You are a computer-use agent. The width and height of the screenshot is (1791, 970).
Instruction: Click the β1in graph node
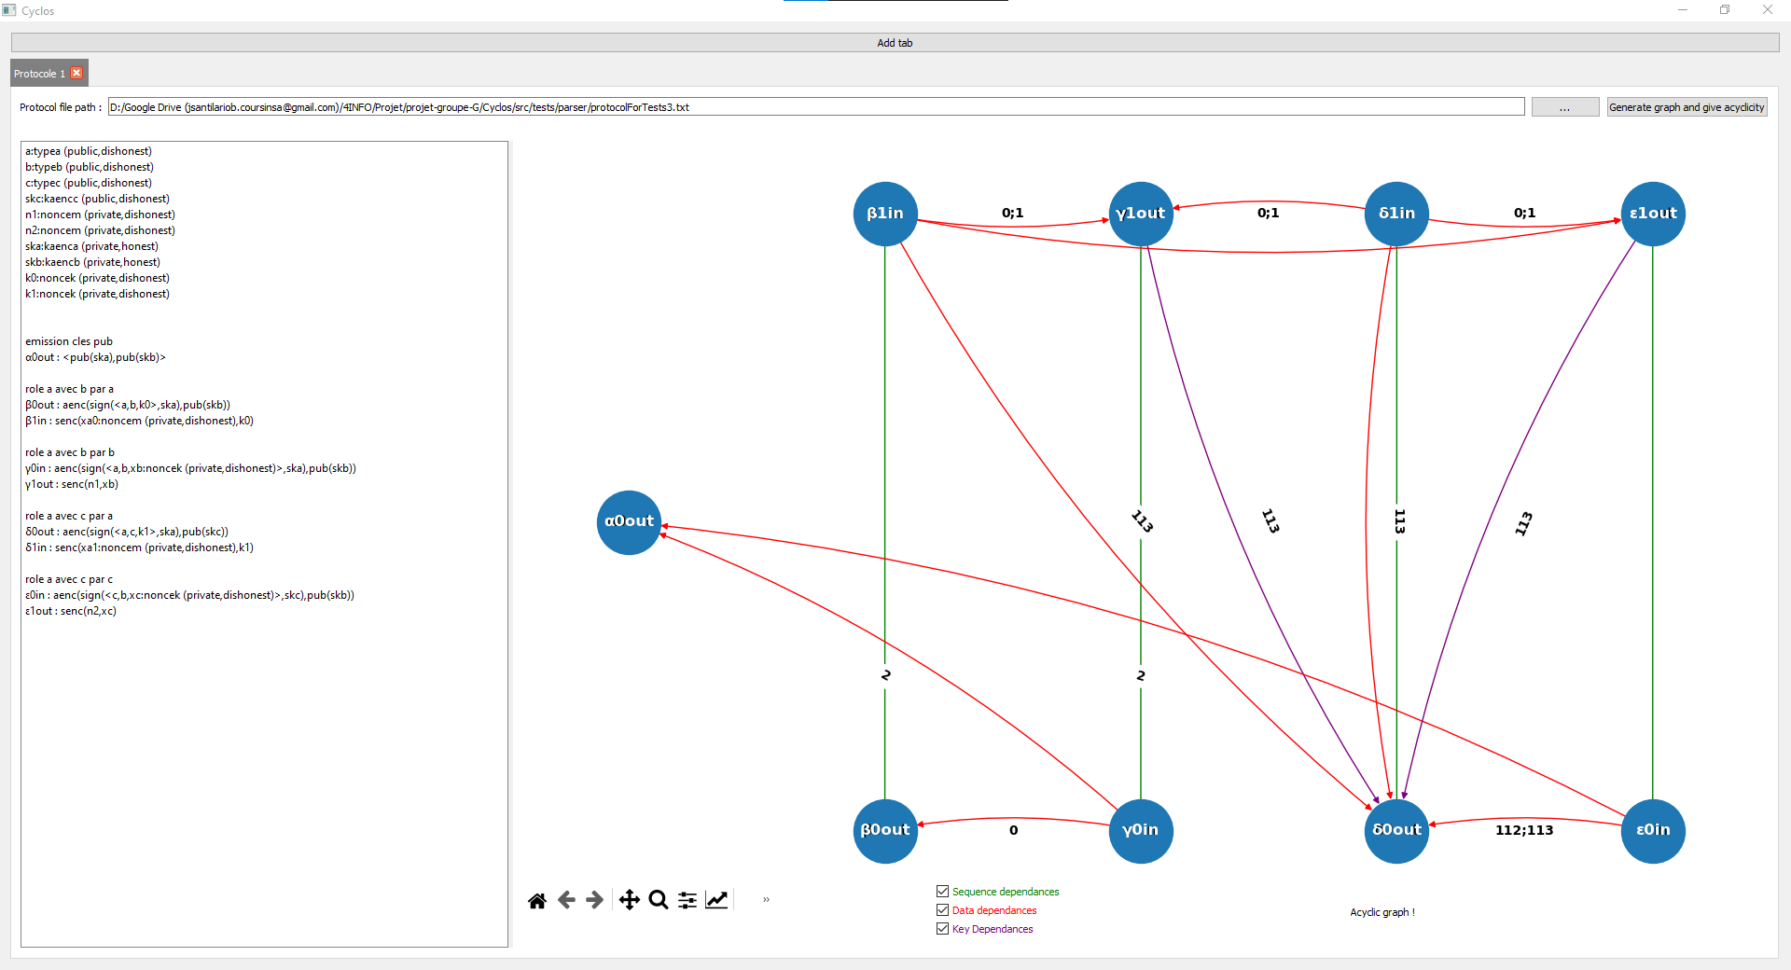point(885,214)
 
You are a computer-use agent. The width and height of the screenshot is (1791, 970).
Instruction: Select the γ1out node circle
point(1141,214)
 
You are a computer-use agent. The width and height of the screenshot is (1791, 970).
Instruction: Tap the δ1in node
point(1396,214)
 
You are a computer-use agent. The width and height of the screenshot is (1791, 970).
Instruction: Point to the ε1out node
point(1653,214)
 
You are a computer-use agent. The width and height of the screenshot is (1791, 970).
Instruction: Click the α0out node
point(629,522)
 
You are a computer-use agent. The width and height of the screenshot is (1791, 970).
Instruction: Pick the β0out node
point(885,831)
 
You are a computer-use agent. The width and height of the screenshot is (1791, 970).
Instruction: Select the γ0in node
point(1141,831)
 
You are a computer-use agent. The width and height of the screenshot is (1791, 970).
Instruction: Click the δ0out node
point(1396,831)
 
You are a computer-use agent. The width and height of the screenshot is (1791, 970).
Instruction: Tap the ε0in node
point(1653,831)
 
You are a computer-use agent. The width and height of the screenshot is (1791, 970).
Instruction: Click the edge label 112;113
point(1524,830)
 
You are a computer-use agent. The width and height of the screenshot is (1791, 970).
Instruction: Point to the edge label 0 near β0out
point(1014,830)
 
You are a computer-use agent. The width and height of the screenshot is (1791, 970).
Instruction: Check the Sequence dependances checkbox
point(943,892)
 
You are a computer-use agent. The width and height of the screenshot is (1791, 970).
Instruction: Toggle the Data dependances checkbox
point(943,910)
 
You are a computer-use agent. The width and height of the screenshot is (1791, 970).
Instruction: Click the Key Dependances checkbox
point(943,929)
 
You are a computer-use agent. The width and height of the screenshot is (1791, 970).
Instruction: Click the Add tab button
point(895,43)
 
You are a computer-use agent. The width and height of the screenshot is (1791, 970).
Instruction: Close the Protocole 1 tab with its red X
point(77,74)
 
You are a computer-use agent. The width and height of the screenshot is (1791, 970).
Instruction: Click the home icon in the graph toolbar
point(537,900)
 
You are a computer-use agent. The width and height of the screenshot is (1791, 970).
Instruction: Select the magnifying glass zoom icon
point(659,900)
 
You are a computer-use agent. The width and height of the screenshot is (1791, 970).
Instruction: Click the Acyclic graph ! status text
point(1382,912)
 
